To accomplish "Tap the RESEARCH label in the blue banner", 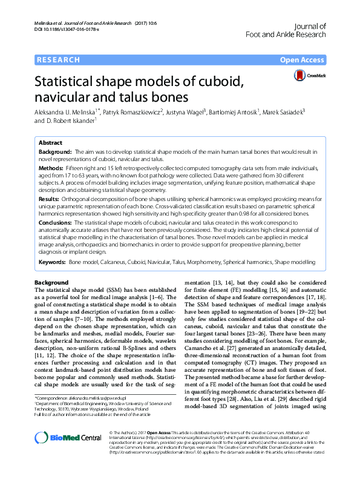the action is (59, 60).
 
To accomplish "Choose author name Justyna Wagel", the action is (185, 112).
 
